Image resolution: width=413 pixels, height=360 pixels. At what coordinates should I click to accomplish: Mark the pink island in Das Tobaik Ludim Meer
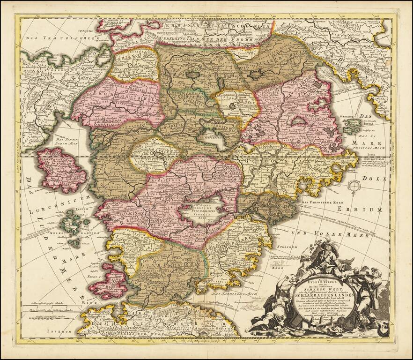[x=61, y=169]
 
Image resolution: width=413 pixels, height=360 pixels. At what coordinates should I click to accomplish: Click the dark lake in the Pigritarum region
[x=256, y=74]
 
